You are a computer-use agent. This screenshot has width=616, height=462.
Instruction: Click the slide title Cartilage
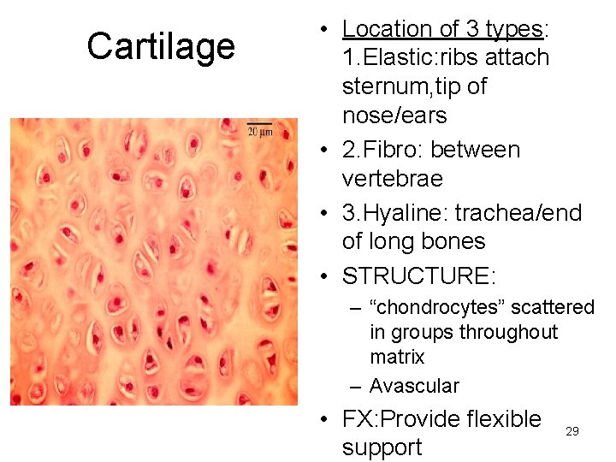[161, 46]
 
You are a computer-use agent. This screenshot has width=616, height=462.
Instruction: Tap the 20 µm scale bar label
[259, 131]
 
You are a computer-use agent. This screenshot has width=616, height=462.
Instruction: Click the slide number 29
[572, 431]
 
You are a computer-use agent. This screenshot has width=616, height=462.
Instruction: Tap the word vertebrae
[392, 179]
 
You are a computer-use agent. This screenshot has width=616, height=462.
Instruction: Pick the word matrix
[397, 356]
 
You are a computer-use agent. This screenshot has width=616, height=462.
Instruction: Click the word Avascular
[414, 386]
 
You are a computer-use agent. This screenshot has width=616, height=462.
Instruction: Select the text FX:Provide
[403, 419]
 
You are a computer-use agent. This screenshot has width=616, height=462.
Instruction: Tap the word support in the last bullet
[382, 447]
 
